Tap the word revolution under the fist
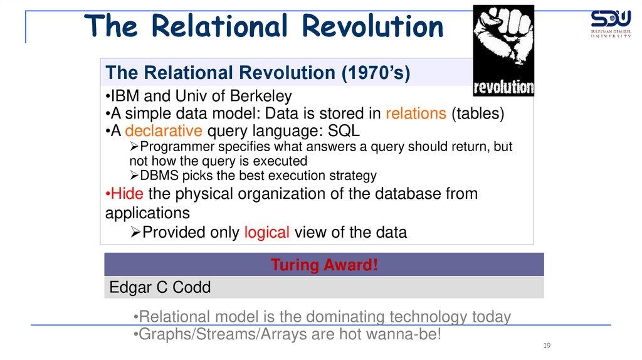coord(503,87)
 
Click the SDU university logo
coord(611,24)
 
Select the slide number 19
coord(547,346)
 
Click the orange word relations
coord(416,114)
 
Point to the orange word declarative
coord(164,130)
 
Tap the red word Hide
coord(127,194)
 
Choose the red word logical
coord(267,232)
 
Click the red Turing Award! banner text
coord(324,265)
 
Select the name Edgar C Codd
coord(160,287)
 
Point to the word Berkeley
coord(261,96)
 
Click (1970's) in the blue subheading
coord(376,73)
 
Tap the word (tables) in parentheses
coord(478,114)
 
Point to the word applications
coord(147,213)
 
